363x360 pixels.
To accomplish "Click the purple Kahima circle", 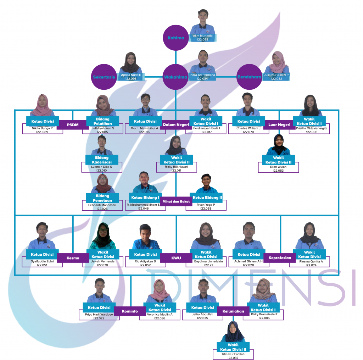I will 176,38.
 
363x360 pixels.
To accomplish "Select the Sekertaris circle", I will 104,77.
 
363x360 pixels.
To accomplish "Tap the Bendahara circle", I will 249,77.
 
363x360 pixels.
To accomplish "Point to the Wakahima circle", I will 176,77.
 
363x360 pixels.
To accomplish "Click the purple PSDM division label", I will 72,125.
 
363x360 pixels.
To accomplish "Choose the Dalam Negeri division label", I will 176,125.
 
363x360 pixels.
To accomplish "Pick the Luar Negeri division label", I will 279,125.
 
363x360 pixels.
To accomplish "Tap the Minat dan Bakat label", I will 176,201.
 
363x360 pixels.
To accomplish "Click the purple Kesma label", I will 73,258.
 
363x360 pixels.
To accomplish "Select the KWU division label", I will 176,258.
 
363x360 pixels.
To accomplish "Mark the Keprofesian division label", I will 279,258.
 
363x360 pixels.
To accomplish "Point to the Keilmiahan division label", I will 233,311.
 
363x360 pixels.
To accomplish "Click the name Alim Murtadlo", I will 203,36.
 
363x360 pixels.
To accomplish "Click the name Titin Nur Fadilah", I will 233,354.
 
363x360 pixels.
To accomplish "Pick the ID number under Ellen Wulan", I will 278,171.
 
